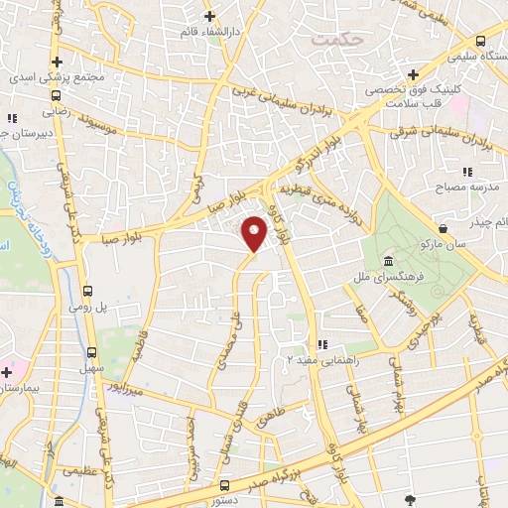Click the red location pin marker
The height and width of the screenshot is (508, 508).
255,233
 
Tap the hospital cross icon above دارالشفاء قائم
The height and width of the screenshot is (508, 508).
209,17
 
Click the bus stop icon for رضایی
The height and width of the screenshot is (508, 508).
56,96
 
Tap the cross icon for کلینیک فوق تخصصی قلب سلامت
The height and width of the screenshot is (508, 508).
414,76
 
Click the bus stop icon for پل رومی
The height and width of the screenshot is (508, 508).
88,291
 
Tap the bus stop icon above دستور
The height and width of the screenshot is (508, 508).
225,484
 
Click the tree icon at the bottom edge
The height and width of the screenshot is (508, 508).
410,499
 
